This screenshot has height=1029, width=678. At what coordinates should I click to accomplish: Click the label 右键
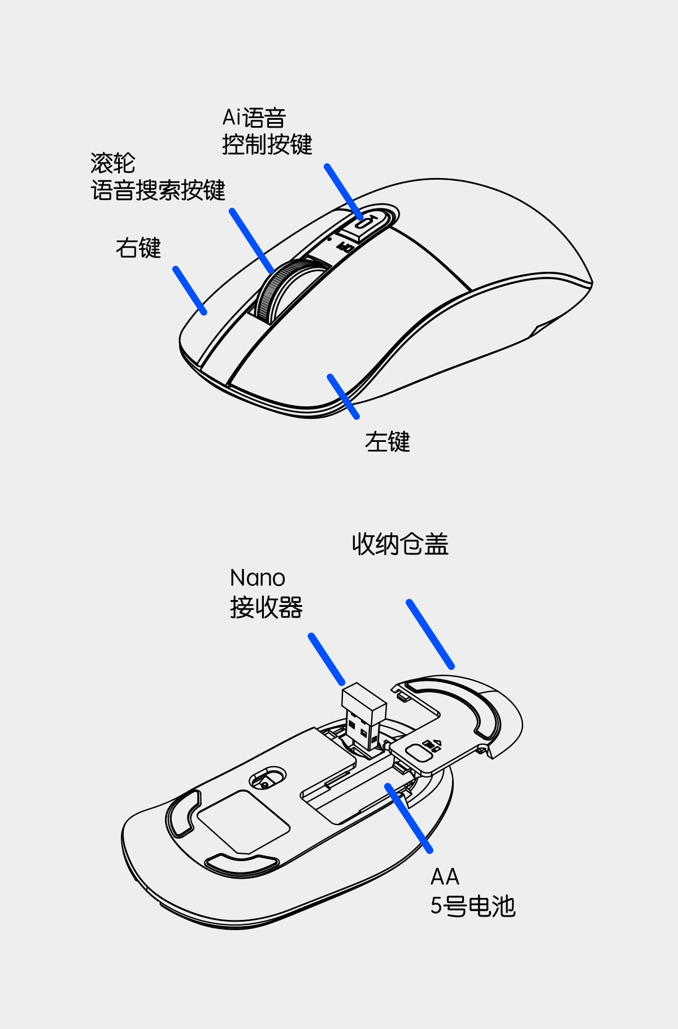(138, 248)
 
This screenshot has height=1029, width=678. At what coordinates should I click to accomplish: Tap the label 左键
(388, 442)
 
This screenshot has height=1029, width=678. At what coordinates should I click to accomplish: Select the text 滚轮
(113, 164)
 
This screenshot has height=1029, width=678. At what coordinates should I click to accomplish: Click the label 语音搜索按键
(158, 190)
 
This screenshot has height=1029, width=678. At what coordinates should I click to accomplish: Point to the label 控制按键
(267, 145)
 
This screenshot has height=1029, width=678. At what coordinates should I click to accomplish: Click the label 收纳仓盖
(400, 545)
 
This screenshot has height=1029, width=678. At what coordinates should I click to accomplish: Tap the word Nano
(258, 578)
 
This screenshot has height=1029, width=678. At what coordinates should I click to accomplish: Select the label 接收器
(266, 608)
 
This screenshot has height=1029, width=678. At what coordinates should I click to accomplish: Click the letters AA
(445, 877)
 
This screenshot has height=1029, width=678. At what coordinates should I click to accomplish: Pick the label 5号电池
(473, 906)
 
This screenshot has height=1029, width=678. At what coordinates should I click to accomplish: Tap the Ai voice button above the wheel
(364, 222)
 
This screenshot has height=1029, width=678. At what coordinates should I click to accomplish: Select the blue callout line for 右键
(190, 290)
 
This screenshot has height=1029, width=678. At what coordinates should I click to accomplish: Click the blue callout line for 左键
(344, 397)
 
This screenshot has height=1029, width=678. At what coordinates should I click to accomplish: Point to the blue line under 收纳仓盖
(430, 634)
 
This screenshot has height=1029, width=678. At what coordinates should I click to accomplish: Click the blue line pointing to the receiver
(327, 659)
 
